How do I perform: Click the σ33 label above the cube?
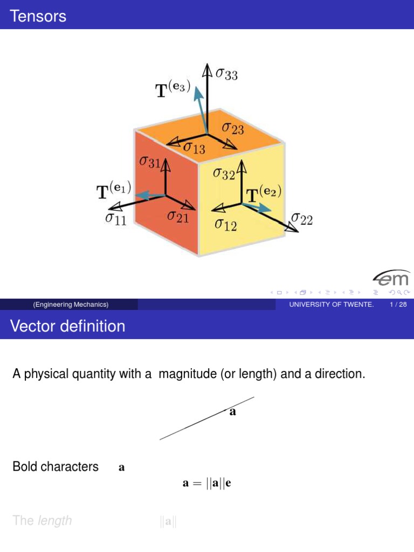226,74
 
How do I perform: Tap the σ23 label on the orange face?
233,128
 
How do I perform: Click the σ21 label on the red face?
177,216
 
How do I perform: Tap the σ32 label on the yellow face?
224,174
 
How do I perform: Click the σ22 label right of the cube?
301,219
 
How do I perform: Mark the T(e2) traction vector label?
264,193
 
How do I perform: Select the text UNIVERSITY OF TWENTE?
331,305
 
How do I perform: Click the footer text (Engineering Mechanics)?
71,305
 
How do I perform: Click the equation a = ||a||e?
207,484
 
